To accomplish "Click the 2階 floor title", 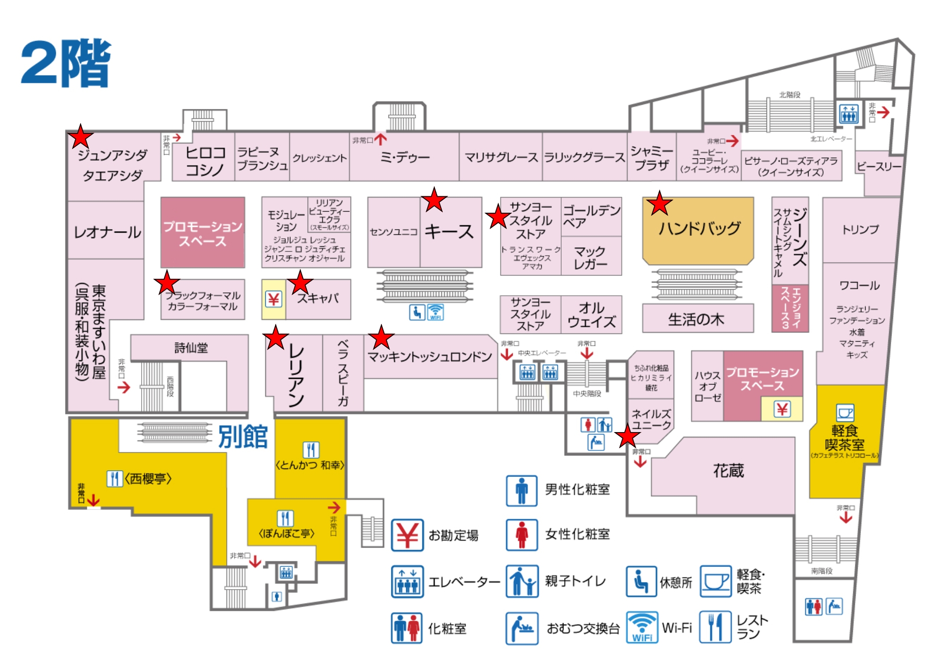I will pyautogui.click(x=66, y=63).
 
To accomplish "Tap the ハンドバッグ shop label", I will pyautogui.click(x=699, y=229).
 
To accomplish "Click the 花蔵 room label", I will pyautogui.click(x=728, y=470).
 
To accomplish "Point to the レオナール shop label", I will pyautogui.click(x=108, y=232).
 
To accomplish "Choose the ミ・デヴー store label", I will pyautogui.click(x=405, y=157).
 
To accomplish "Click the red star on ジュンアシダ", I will pyautogui.click(x=81, y=137).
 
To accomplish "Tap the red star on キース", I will pyautogui.click(x=434, y=200).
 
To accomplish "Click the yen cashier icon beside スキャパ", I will pyautogui.click(x=274, y=299).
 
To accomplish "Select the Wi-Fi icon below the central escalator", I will pyautogui.click(x=435, y=312).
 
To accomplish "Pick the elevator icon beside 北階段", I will pyautogui.click(x=849, y=114).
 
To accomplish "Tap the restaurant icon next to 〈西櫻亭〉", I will pyautogui.click(x=115, y=478).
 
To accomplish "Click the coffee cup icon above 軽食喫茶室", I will pyautogui.click(x=845, y=413).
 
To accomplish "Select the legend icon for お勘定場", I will pyautogui.click(x=407, y=535).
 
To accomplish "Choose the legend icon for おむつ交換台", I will pyautogui.click(x=522, y=628).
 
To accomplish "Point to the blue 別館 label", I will pyautogui.click(x=243, y=436).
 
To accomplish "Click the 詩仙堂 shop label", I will pyautogui.click(x=191, y=348).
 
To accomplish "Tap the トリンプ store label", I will pyautogui.click(x=860, y=230).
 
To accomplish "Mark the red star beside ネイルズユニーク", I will pyautogui.click(x=627, y=436).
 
